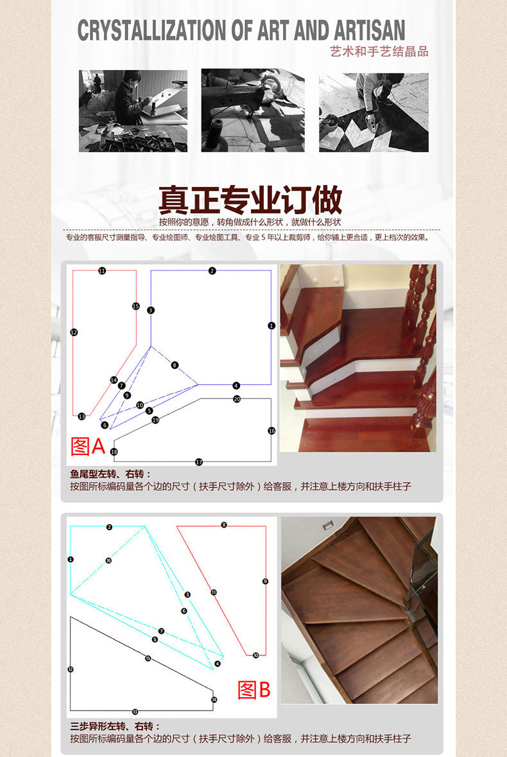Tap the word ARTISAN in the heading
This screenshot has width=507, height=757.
coord(369,31)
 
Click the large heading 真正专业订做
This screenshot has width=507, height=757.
coord(250,200)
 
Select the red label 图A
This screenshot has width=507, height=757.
coord(87,446)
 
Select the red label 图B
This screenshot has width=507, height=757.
coord(254,690)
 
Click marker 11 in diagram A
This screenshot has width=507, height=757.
coord(102,271)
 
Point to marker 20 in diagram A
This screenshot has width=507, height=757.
coord(237,399)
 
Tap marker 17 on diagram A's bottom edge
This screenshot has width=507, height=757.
coord(199,462)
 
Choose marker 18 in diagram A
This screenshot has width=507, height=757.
coord(114,452)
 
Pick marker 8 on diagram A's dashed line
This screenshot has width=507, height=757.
coord(175,365)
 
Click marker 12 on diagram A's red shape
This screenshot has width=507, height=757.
coord(74,332)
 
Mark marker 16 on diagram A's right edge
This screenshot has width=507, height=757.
coord(271,431)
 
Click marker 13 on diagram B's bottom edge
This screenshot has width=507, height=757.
coord(135,711)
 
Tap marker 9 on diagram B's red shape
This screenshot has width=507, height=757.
coord(265,581)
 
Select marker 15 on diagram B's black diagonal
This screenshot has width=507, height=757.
coord(148,659)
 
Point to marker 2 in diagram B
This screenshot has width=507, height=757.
coord(109,527)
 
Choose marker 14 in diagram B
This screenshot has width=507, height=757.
coord(214,699)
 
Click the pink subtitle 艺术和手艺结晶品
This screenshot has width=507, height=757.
coord(379,52)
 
